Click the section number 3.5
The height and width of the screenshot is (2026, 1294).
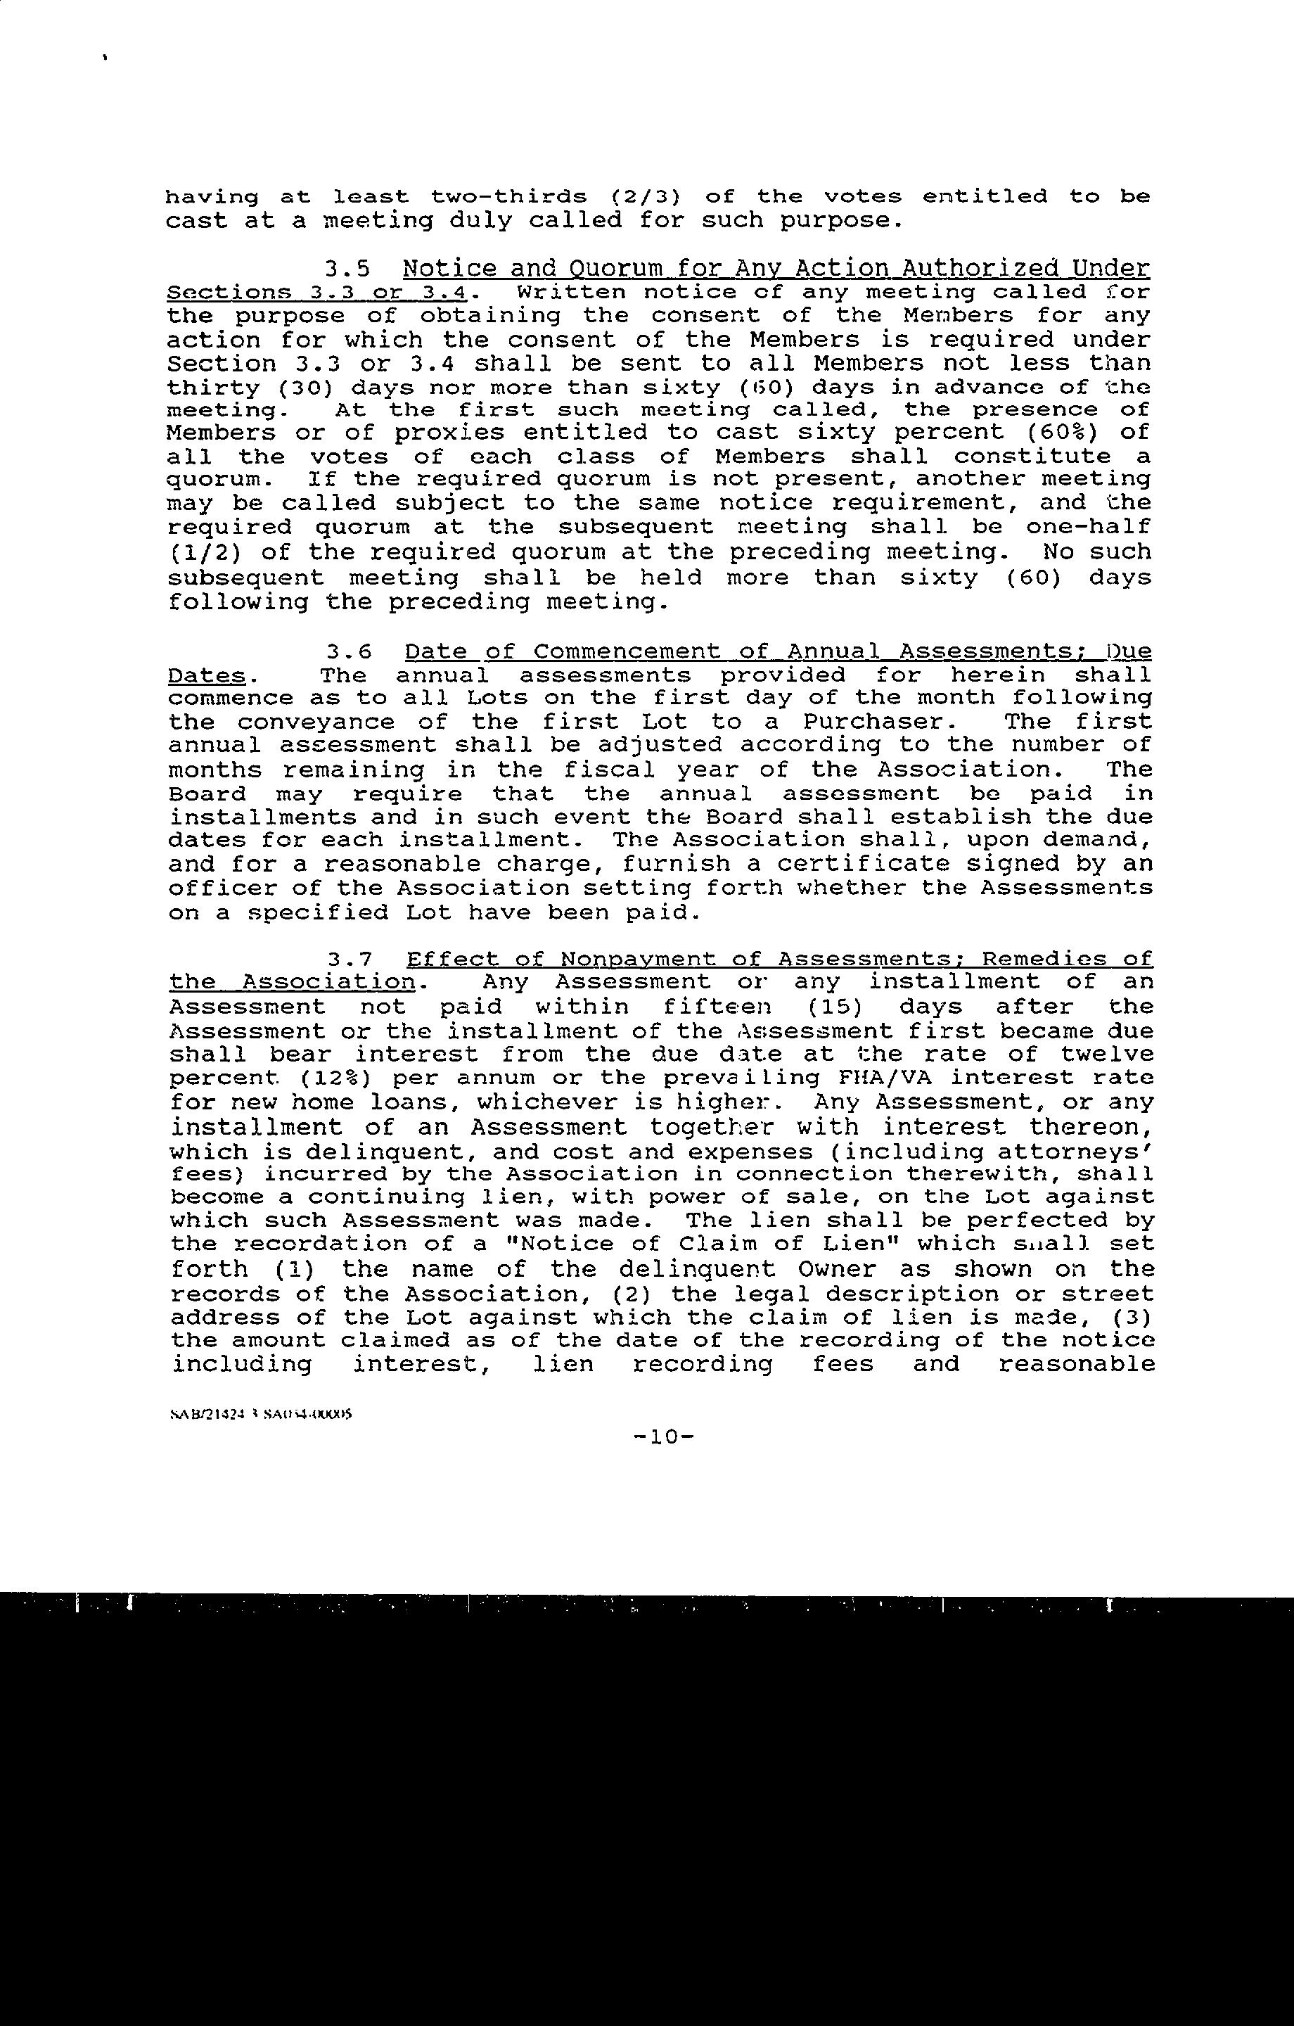point(348,269)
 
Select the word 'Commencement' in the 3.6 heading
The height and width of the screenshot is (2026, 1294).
point(627,652)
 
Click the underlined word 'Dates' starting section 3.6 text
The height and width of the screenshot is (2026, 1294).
point(207,675)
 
